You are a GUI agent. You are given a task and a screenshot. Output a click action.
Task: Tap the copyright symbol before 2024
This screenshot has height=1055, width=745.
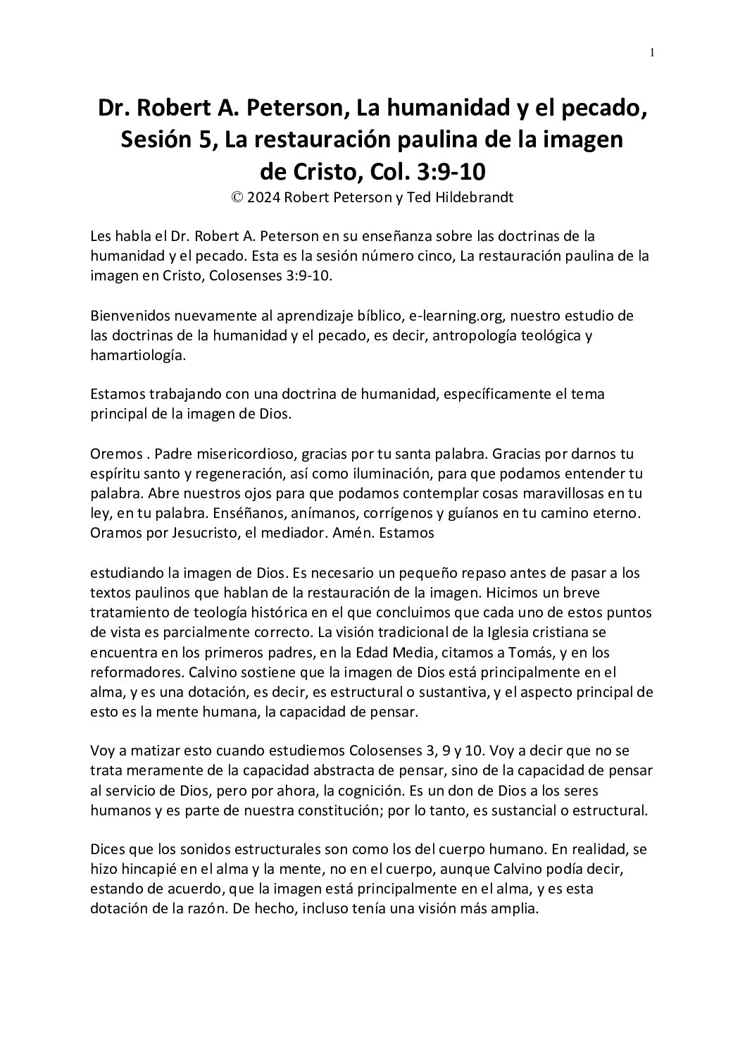(x=237, y=198)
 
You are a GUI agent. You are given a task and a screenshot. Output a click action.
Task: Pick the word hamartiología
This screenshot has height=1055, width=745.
(x=138, y=356)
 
